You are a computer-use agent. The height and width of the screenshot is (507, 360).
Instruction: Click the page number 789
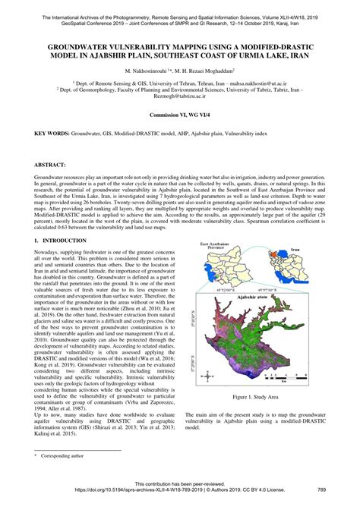pos(343,490)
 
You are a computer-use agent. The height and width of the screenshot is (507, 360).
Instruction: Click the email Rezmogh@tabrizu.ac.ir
pos(180,96)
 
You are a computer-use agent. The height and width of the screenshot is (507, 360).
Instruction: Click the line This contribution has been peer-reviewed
pos(180,483)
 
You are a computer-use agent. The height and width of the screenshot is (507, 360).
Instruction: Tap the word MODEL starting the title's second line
pos(65,55)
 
